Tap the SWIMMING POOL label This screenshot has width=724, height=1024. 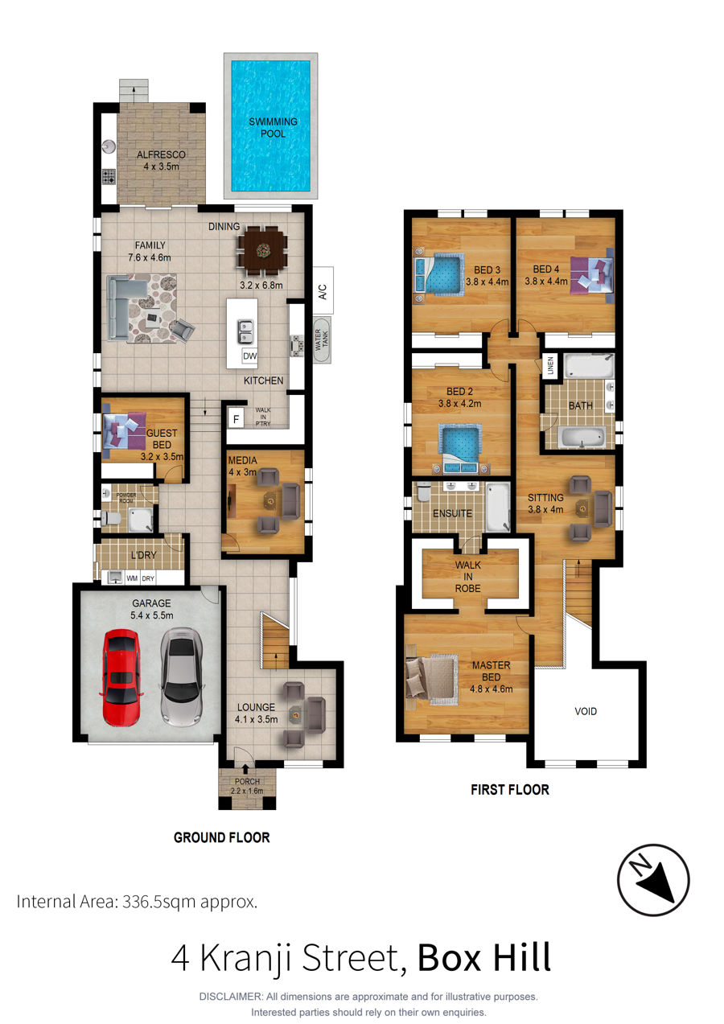coord(273,128)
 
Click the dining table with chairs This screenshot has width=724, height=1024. coord(262,250)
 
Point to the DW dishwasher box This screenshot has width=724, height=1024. coord(249,356)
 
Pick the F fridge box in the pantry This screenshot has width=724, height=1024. coord(236,419)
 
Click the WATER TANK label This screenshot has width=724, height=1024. coord(322,339)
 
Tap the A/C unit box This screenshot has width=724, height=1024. coord(323,290)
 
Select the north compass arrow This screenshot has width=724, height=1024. coord(653,880)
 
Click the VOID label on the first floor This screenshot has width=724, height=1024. coord(586,711)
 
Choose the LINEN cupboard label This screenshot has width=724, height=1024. coord(550,366)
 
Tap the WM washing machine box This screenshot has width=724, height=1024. coord(132,578)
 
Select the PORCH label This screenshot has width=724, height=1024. coord(247,781)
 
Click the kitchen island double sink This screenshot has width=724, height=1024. coord(245,331)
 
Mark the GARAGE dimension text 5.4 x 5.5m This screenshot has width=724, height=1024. coord(152,615)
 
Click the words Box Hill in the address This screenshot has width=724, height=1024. coord(484,957)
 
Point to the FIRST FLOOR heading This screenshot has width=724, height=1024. coord(510,789)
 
